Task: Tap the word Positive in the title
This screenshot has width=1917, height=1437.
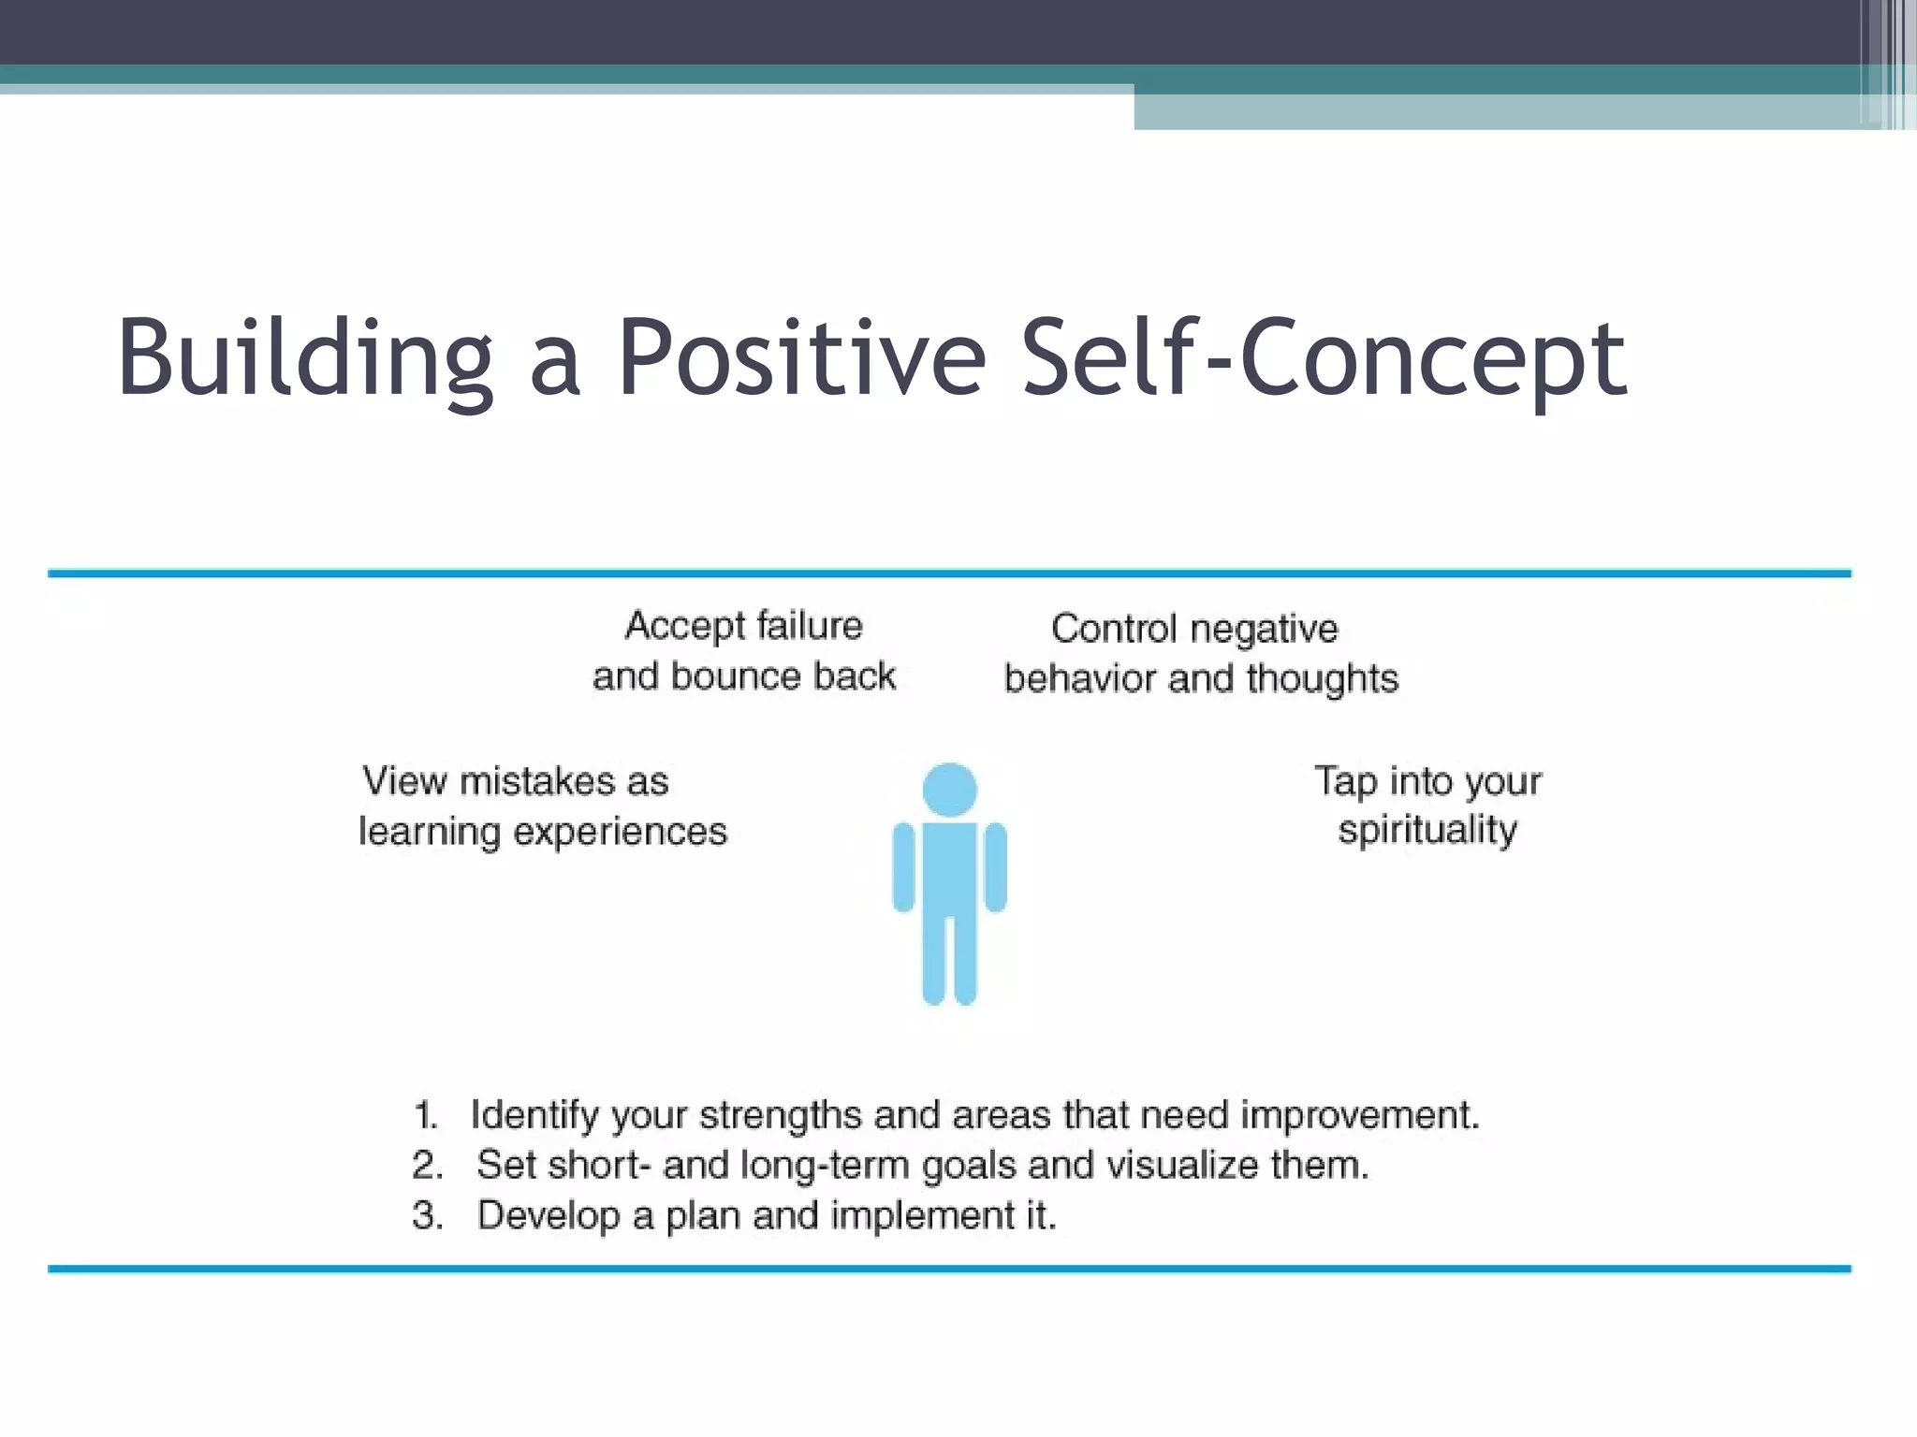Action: [x=801, y=358]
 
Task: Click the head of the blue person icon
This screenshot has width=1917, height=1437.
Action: [x=949, y=790]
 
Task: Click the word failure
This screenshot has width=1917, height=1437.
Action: [x=809, y=625]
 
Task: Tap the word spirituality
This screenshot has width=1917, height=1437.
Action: [x=1427, y=831]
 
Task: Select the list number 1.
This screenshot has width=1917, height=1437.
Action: [x=425, y=1115]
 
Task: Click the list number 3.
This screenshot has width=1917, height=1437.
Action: [x=426, y=1215]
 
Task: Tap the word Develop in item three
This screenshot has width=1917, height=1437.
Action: [x=548, y=1215]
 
